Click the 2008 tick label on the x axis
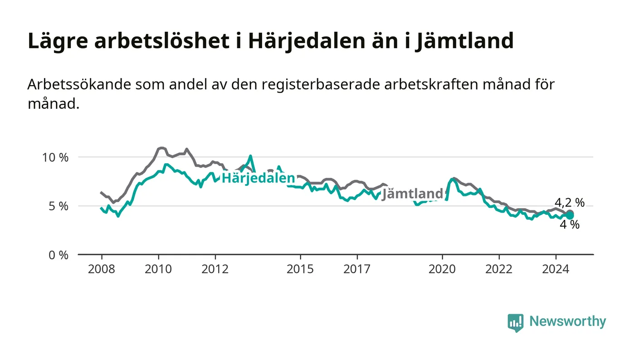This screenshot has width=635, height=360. tap(102, 269)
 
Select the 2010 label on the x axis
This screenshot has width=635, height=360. tap(158, 269)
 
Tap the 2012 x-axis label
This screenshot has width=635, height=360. tap(215, 269)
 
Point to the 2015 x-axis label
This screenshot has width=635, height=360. tap(300, 269)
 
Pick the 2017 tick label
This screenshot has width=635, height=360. tap(357, 269)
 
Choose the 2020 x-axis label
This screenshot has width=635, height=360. tap(442, 269)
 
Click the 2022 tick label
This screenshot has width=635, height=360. tap(499, 269)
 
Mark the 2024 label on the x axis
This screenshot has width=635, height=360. tap(556, 269)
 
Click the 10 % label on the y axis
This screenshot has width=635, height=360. tap(55, 157)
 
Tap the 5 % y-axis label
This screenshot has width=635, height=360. tap(59, 206)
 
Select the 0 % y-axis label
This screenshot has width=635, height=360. tap(59, 255)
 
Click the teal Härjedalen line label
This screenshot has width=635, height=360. tap(258, 178)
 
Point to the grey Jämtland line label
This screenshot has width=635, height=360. tap(412, 194)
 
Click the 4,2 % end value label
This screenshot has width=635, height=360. tap(570, 203)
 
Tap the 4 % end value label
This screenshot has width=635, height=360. tap(570, 224)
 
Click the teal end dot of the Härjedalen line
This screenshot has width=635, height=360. tap(570, 215)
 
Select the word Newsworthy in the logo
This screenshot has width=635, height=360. tap(567, 321)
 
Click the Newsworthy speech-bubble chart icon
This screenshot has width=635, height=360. tap(515, 322)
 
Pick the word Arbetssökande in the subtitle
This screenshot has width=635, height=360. tap(79, 84)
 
